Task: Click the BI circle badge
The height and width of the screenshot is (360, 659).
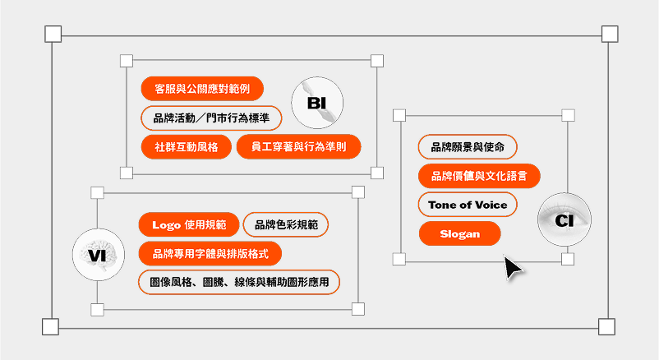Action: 317,103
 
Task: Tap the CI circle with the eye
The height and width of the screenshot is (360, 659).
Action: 565,219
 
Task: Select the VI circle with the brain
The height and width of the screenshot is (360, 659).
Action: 99,255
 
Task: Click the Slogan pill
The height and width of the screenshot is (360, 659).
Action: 460,233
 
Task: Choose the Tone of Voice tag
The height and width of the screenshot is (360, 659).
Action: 468,205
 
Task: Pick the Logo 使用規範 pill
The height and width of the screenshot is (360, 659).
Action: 189,224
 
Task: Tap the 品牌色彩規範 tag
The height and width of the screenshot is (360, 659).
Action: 286,224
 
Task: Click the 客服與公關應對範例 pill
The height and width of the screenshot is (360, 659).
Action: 202,89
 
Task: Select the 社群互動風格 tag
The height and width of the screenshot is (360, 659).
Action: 187,147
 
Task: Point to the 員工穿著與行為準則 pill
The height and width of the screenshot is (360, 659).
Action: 299,147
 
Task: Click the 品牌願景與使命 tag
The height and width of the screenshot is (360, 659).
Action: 468,147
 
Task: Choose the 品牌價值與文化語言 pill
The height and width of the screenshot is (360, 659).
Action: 479,176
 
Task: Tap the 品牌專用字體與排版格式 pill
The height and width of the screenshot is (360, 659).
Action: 210,254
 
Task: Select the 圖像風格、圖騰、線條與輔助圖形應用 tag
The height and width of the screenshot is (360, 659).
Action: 239,282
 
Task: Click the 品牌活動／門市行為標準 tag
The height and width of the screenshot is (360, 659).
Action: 211,118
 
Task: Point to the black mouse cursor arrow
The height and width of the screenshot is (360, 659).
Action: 512,267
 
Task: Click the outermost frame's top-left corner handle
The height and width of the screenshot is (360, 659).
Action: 53,34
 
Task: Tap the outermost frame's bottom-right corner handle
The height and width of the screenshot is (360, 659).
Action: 607,326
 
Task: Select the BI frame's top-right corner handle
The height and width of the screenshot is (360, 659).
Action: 377,61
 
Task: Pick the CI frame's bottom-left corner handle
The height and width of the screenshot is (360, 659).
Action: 399,259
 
